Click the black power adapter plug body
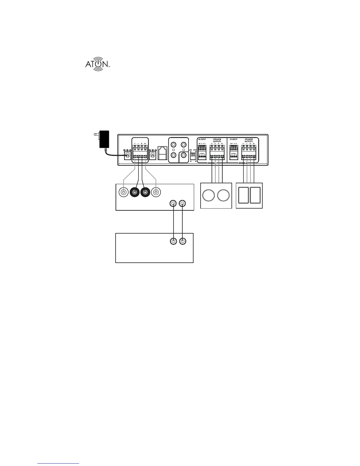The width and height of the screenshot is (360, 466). (104, 139)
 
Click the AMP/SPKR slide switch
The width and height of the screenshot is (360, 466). (193, 154)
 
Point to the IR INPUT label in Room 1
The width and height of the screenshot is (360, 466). (202, 139)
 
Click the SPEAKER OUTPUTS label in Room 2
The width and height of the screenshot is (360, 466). (249, 140)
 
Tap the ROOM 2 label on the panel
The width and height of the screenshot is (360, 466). (243, 163)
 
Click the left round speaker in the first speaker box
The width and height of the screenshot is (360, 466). (209, 196)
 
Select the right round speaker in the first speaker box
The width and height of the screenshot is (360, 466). (223, 196)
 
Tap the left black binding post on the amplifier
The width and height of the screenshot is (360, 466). (135, 192)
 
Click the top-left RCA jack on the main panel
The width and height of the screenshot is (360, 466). (174, 145)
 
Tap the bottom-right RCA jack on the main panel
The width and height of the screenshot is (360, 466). (184, 155)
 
